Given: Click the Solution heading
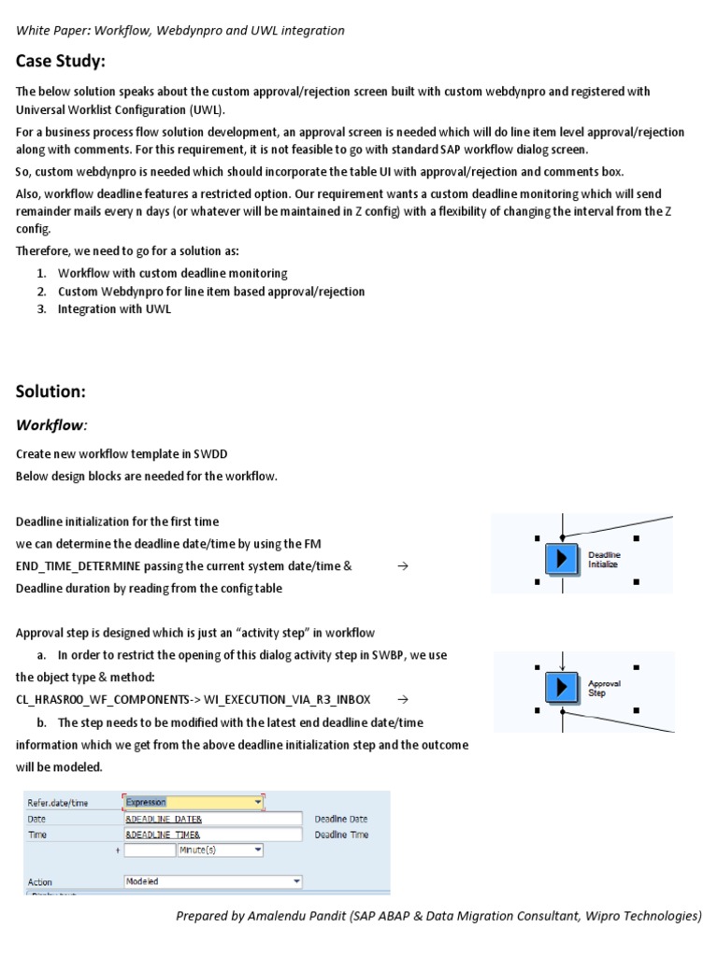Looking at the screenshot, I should tap(50, 391).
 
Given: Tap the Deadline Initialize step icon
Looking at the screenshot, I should tap(561, 559).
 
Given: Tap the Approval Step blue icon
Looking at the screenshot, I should tap(561, 688).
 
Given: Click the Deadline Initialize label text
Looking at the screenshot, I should tap(604, 559).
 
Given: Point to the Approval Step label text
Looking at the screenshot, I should tap(604, 688).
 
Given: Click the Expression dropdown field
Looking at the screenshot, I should tap(194, 802).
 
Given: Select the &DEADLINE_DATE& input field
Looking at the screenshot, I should tap(213, 819).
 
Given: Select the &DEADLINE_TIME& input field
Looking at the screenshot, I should tap(213, 835).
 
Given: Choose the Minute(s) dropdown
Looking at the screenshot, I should tap(220, 850).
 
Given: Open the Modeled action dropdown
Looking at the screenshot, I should tap(213, 881).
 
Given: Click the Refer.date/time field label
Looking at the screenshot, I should tap(58, 802).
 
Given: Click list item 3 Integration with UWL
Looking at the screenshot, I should tap(114, 308).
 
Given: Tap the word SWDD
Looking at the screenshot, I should tap(211, 454).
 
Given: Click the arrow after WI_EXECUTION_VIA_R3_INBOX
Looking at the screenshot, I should tap(402, 699).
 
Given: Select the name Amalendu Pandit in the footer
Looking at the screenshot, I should tap(297, 916).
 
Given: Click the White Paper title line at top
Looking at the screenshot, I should tap(179, 30).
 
